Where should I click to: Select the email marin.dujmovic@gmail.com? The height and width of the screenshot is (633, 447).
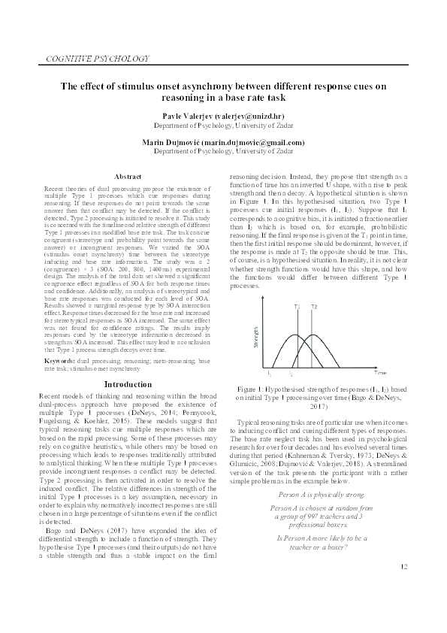click(257, 142)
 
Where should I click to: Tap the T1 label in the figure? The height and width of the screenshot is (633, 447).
click(297, 307)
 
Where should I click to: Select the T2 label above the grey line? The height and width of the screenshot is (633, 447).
click(314, 307)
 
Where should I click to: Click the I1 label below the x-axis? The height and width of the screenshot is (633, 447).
click(269, 373)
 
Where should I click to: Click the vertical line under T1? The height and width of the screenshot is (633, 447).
click(297, 338)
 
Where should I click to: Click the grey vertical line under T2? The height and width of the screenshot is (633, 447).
click(313, 338)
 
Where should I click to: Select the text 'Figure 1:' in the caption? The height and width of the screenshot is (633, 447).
click(253, 389)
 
